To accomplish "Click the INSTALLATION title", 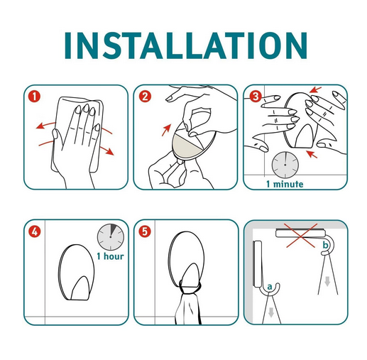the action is [186, 45].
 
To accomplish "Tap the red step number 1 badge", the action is [35, 97].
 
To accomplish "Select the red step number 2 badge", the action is [145, 97].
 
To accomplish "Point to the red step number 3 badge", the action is [255, 97].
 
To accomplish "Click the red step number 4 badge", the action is [35, 231].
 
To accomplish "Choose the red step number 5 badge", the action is [145, 231].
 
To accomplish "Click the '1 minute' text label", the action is [285, 184].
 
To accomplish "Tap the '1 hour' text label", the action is [110, 256].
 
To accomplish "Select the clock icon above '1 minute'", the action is [285, 165].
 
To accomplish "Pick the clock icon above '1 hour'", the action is [111, 237].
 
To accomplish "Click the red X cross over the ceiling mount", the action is [301, 236].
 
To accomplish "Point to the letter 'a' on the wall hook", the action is [270, 287].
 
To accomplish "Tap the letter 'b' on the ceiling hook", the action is [326, 245].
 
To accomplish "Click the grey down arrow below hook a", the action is [271, 312].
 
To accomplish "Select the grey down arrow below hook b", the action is [327, 281].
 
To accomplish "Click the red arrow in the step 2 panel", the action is [166, 130].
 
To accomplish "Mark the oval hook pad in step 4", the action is [76, 273].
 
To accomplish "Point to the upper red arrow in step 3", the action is [316, 89].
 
